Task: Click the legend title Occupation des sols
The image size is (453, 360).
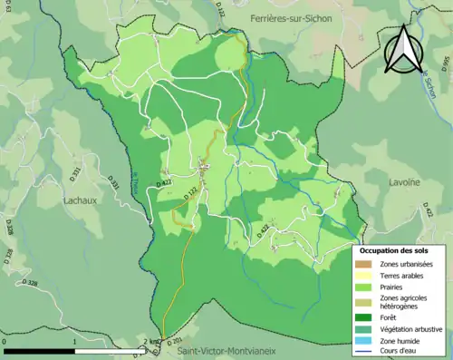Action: [400, 249]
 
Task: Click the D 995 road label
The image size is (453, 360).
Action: [447, 64]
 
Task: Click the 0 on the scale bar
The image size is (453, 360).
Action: [5, 343]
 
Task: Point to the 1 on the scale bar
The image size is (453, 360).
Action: [77, 343]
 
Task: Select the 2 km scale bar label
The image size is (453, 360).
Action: [151, 343]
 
